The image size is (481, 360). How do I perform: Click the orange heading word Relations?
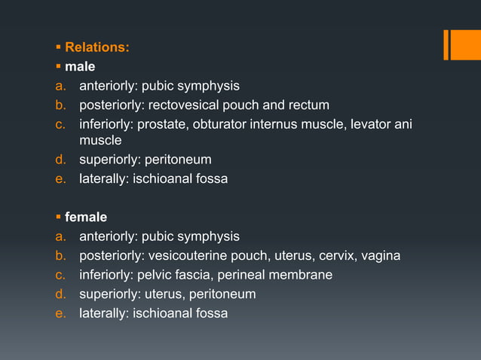point(97,47)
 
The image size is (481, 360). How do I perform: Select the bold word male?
point(80,67)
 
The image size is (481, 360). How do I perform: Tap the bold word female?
point(86,218)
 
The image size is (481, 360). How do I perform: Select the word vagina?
point(381,255)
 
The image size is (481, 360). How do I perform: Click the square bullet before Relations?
point(57,48)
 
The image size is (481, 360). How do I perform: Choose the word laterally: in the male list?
point(106,179)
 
